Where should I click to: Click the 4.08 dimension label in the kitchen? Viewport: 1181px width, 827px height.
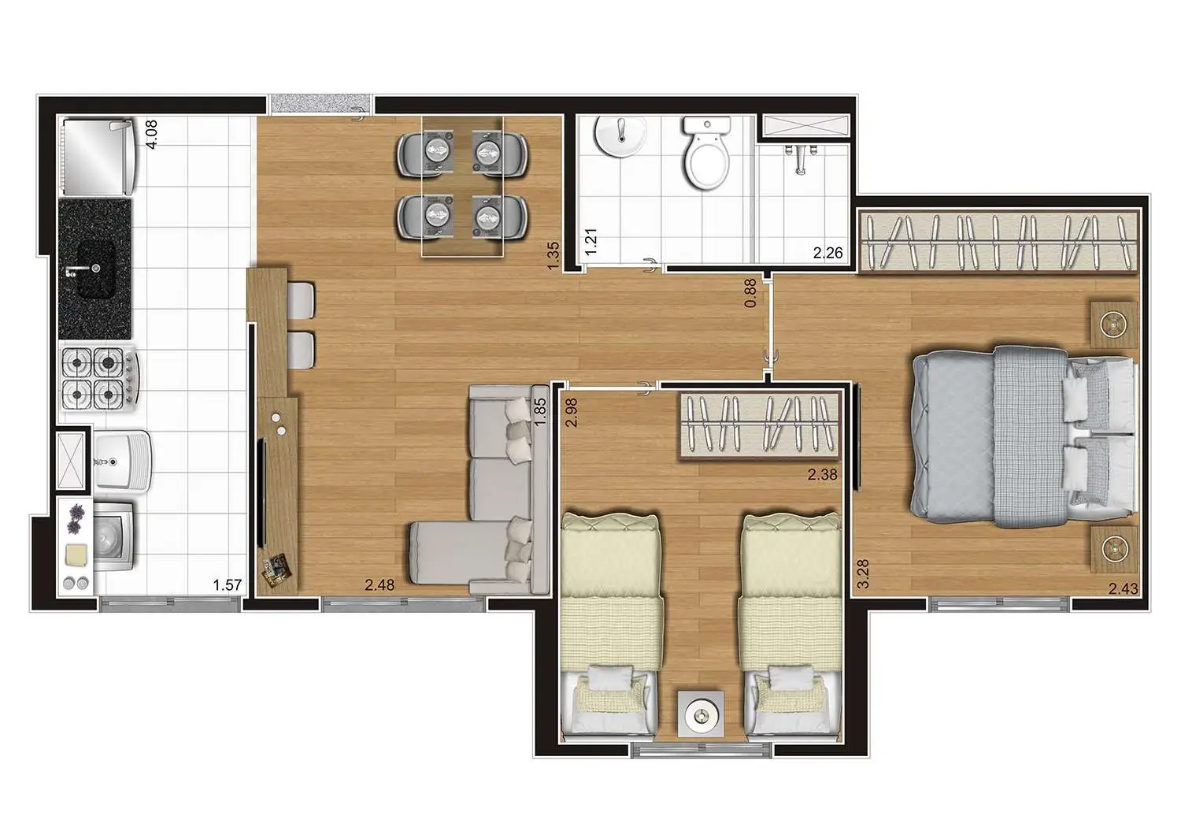click(153, 133)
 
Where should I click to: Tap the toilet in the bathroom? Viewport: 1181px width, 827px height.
click(706, 154)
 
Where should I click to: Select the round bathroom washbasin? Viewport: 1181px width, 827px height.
click(620, 138)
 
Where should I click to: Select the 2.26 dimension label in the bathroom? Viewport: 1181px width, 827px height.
click(827, 253)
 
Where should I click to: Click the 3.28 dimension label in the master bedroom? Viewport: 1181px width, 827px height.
click(863, 573)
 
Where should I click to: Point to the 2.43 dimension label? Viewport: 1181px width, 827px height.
click(1123, 588)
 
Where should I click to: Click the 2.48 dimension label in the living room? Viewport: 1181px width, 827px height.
click(379, 585)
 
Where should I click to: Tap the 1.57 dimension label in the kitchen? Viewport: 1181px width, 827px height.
click(227, 585)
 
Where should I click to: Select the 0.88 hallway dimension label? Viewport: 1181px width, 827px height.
click(750, 293)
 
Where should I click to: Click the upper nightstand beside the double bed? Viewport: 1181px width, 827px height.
click(1113, 324)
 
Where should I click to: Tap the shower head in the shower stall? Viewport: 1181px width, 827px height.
click(801, 157)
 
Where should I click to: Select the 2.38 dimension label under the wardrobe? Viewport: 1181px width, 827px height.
click(822, 475)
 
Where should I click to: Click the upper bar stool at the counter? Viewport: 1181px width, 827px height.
click(302, 300)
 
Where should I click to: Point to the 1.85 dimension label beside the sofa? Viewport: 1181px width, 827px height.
click(539, 412)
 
